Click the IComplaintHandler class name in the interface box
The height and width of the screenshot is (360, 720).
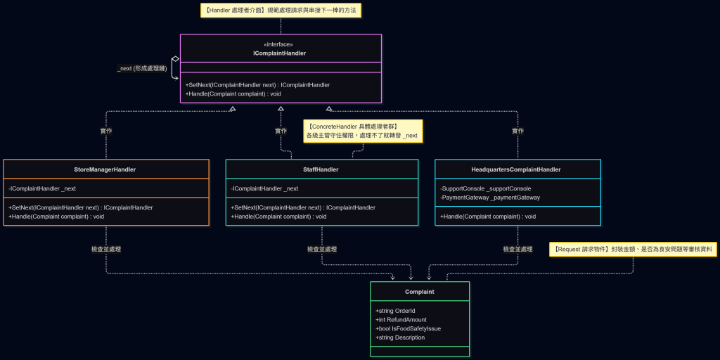click(x=280, y=53)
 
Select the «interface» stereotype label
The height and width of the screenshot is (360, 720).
click(x=278, y=44)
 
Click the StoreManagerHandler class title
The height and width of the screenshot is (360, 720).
click(x=105, y=169)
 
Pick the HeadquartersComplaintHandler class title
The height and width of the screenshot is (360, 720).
click(x=516, y=169)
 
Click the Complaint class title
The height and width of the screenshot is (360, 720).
click(x=420, y=292)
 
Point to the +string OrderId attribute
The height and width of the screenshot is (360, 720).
click(x=395, y=311)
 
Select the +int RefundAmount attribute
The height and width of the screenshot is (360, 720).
click(x=401, y=320)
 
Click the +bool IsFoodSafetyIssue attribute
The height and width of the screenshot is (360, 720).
click(x=409, y=328)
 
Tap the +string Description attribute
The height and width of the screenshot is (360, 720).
click(x=400, y=337)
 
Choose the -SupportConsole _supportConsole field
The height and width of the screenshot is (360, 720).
click(x=486, y=188)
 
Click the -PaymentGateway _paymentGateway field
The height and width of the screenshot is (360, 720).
click(x=490, y=198)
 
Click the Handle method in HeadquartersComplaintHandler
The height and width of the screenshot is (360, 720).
click(x=488, y=217)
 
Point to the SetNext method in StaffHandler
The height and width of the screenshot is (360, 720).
click(x=303, y=207)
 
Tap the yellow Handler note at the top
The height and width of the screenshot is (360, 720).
click(x=281, y=10)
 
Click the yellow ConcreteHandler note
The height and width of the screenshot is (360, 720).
click(x=364, y=131)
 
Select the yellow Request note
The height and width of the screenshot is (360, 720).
click(x=634, y=250)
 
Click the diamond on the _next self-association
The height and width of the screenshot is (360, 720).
click(x=175, y=59)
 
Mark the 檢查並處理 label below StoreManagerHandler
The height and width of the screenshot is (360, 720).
click(x=106, y=250)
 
